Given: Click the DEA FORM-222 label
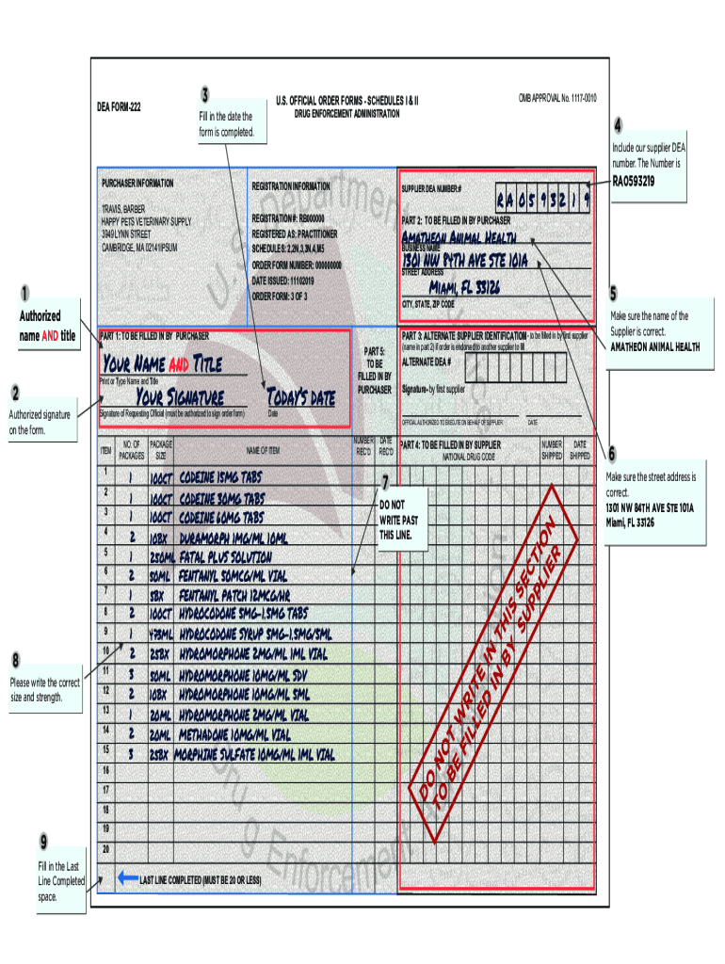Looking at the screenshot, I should pyautogui.click(x=120, y=105).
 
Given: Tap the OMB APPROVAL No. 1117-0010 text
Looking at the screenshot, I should pyautogui.click(x=557, y=98).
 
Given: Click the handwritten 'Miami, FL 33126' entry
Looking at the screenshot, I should pyautogui.click(x=464, y=286).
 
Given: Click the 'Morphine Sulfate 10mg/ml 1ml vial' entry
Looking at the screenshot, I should pyautogui.click(x=257, y=754).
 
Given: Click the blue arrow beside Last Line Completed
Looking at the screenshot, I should pyautogui.click(x=128, y=877).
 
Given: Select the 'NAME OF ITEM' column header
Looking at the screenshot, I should pyautogui.click(x=263, y=451).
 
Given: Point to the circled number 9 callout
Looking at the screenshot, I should pyautogui.click(x=44, y=840).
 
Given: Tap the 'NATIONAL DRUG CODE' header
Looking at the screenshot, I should pyautogui.click(x=469, y=457).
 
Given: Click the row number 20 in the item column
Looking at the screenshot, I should pyautogui.click(x=107, y=849).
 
